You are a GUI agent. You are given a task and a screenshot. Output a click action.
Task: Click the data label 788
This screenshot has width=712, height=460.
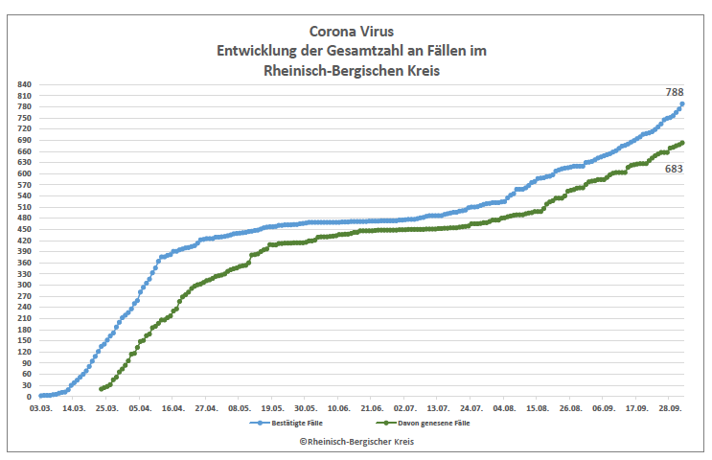click(x=675, y=92)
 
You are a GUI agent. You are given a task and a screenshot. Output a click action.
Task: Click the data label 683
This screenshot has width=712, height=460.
click(x=675, y=169)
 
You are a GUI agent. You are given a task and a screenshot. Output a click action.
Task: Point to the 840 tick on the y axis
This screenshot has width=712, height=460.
click(x=25, y=85)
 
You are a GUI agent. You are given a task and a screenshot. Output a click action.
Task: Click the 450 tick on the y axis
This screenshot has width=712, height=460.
click(x=25, y=229)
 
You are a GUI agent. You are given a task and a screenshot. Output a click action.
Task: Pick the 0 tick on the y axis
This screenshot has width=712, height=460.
click(x=30, y=396)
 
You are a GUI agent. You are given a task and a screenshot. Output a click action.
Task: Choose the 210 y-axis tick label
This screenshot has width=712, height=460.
click(x=25, y=318)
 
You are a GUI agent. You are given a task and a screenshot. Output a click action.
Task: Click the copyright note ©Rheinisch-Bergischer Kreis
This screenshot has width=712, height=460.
click(x=356, y=441)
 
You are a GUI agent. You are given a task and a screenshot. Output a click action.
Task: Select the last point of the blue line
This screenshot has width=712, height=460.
click(x=682, y=103)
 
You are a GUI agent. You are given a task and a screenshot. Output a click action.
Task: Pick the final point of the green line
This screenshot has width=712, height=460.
click(x=682, y=143)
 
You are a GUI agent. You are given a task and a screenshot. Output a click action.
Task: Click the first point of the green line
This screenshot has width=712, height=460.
click(x=101, y=388)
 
